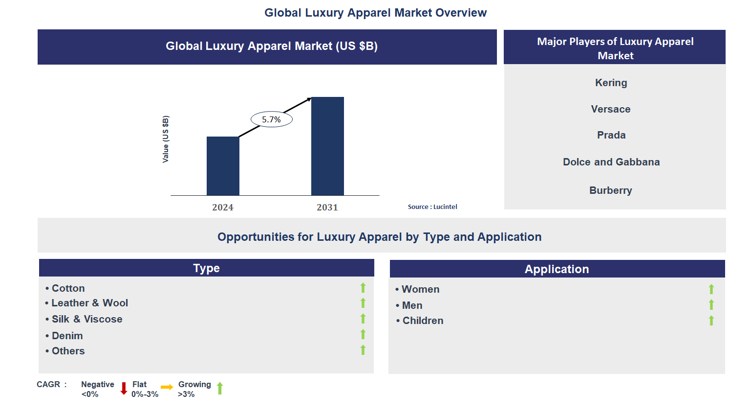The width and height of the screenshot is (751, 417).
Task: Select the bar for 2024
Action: (223, 166)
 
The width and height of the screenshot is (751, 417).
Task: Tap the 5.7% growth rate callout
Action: (272, 119)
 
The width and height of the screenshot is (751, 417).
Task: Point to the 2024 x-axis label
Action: (223, 208)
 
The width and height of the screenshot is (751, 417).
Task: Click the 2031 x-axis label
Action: (327, 208)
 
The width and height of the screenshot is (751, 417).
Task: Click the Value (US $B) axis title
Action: (166, 139)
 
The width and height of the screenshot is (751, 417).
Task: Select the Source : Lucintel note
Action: (432, 207)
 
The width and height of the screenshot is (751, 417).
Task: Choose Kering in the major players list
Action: (611, 83)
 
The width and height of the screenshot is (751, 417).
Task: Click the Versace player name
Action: (611, 109)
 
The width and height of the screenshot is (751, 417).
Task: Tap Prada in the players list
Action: (611, 135)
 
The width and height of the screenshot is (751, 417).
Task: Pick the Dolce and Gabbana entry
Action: (611, 162)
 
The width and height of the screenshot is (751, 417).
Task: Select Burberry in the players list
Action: (611, 190)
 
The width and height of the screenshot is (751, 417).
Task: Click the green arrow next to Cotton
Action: (363, 288)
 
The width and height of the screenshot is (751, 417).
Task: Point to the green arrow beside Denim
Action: (363, 334)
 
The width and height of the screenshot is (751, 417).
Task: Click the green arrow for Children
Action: (711, 321)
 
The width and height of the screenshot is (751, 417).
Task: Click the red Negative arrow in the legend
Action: (124, 389)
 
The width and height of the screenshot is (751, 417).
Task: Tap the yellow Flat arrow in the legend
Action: (167, 387)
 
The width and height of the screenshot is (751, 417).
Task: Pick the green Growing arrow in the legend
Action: (220, 388)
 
